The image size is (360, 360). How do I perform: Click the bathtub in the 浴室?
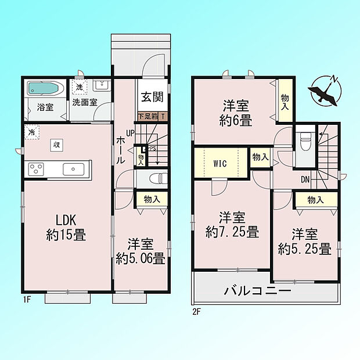pyautogui.click(x=43, y=88)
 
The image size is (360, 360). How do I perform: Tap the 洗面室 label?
pyautogui.click(x=85, y=102)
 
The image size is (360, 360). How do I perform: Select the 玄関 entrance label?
pyautogui.click(x=152, y=97)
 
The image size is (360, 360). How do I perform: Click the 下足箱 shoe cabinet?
pyautogui.click(x=153, y=116)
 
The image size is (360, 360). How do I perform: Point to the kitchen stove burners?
pyautogui.click(x=36, y=170)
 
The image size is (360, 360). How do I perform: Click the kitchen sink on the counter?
pyautogui.click(x=74, y=170)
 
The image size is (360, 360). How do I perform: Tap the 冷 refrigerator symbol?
pyautogui.click(x=32, y=132)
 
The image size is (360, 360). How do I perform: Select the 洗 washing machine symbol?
pyautogui.click(x=80, y=87)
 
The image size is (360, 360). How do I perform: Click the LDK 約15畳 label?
pyautogui.click(x=66, y=228)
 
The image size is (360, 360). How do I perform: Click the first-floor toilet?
pyautogui.click(x=158, y=178)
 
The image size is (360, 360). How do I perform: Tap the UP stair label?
pyautogui.click(x=130, y=133)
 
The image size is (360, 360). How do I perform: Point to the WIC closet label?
pyautogui.click(x=220, y=164)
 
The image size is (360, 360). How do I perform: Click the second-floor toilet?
pyautogui.click(x=305, y=142)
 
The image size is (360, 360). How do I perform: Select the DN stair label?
pyautogui.click(x=305, y=179)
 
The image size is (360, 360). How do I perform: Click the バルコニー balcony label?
pyautogui.click(x=257, y=291)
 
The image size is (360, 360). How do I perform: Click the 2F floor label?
pyautogui.click(x=196, y=312)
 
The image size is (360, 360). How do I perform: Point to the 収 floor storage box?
pyautogui.click(x=56, y=145)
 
